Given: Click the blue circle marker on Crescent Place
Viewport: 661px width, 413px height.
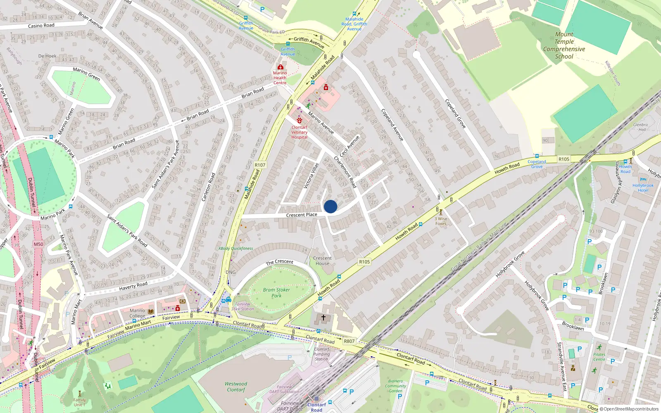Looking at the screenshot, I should (x=330, y=206).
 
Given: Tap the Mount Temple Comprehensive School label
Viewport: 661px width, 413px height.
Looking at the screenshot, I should (x=564, y=45).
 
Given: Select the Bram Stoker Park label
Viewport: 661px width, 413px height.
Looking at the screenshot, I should (x=276, y=292).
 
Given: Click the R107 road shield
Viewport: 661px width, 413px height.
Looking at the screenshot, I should (x=260, y=165).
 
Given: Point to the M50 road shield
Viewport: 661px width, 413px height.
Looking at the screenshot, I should (x=38, y=244).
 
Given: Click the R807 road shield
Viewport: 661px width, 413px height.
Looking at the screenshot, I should (x=349, y=341).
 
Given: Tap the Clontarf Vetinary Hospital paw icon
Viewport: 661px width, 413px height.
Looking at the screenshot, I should (x=300, y=120).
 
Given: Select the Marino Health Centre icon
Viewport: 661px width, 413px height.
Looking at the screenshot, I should (x=281, y=67).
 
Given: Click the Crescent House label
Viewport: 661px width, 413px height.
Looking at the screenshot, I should (x=322, y=261).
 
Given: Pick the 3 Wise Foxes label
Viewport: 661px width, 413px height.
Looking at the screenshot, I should (x=441, y=221).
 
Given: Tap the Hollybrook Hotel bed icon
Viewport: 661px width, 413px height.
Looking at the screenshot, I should (x=643, y=180).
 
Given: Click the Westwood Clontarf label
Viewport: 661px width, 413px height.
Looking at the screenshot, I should (x=236, y=387).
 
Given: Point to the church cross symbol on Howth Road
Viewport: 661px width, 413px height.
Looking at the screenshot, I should (x=323, y=318).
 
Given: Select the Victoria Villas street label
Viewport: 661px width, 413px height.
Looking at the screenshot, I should (x=311, y=176).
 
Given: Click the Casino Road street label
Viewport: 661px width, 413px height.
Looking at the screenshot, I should (x=41, y=26).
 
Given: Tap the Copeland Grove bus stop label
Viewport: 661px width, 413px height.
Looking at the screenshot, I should (x=537, y=164).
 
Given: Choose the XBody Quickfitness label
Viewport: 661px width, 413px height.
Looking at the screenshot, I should (x=235, y=249).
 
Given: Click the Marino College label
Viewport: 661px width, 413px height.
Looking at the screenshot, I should (x=138, y=313).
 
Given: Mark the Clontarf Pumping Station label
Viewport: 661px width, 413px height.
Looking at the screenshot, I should (x=321, y=354).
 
